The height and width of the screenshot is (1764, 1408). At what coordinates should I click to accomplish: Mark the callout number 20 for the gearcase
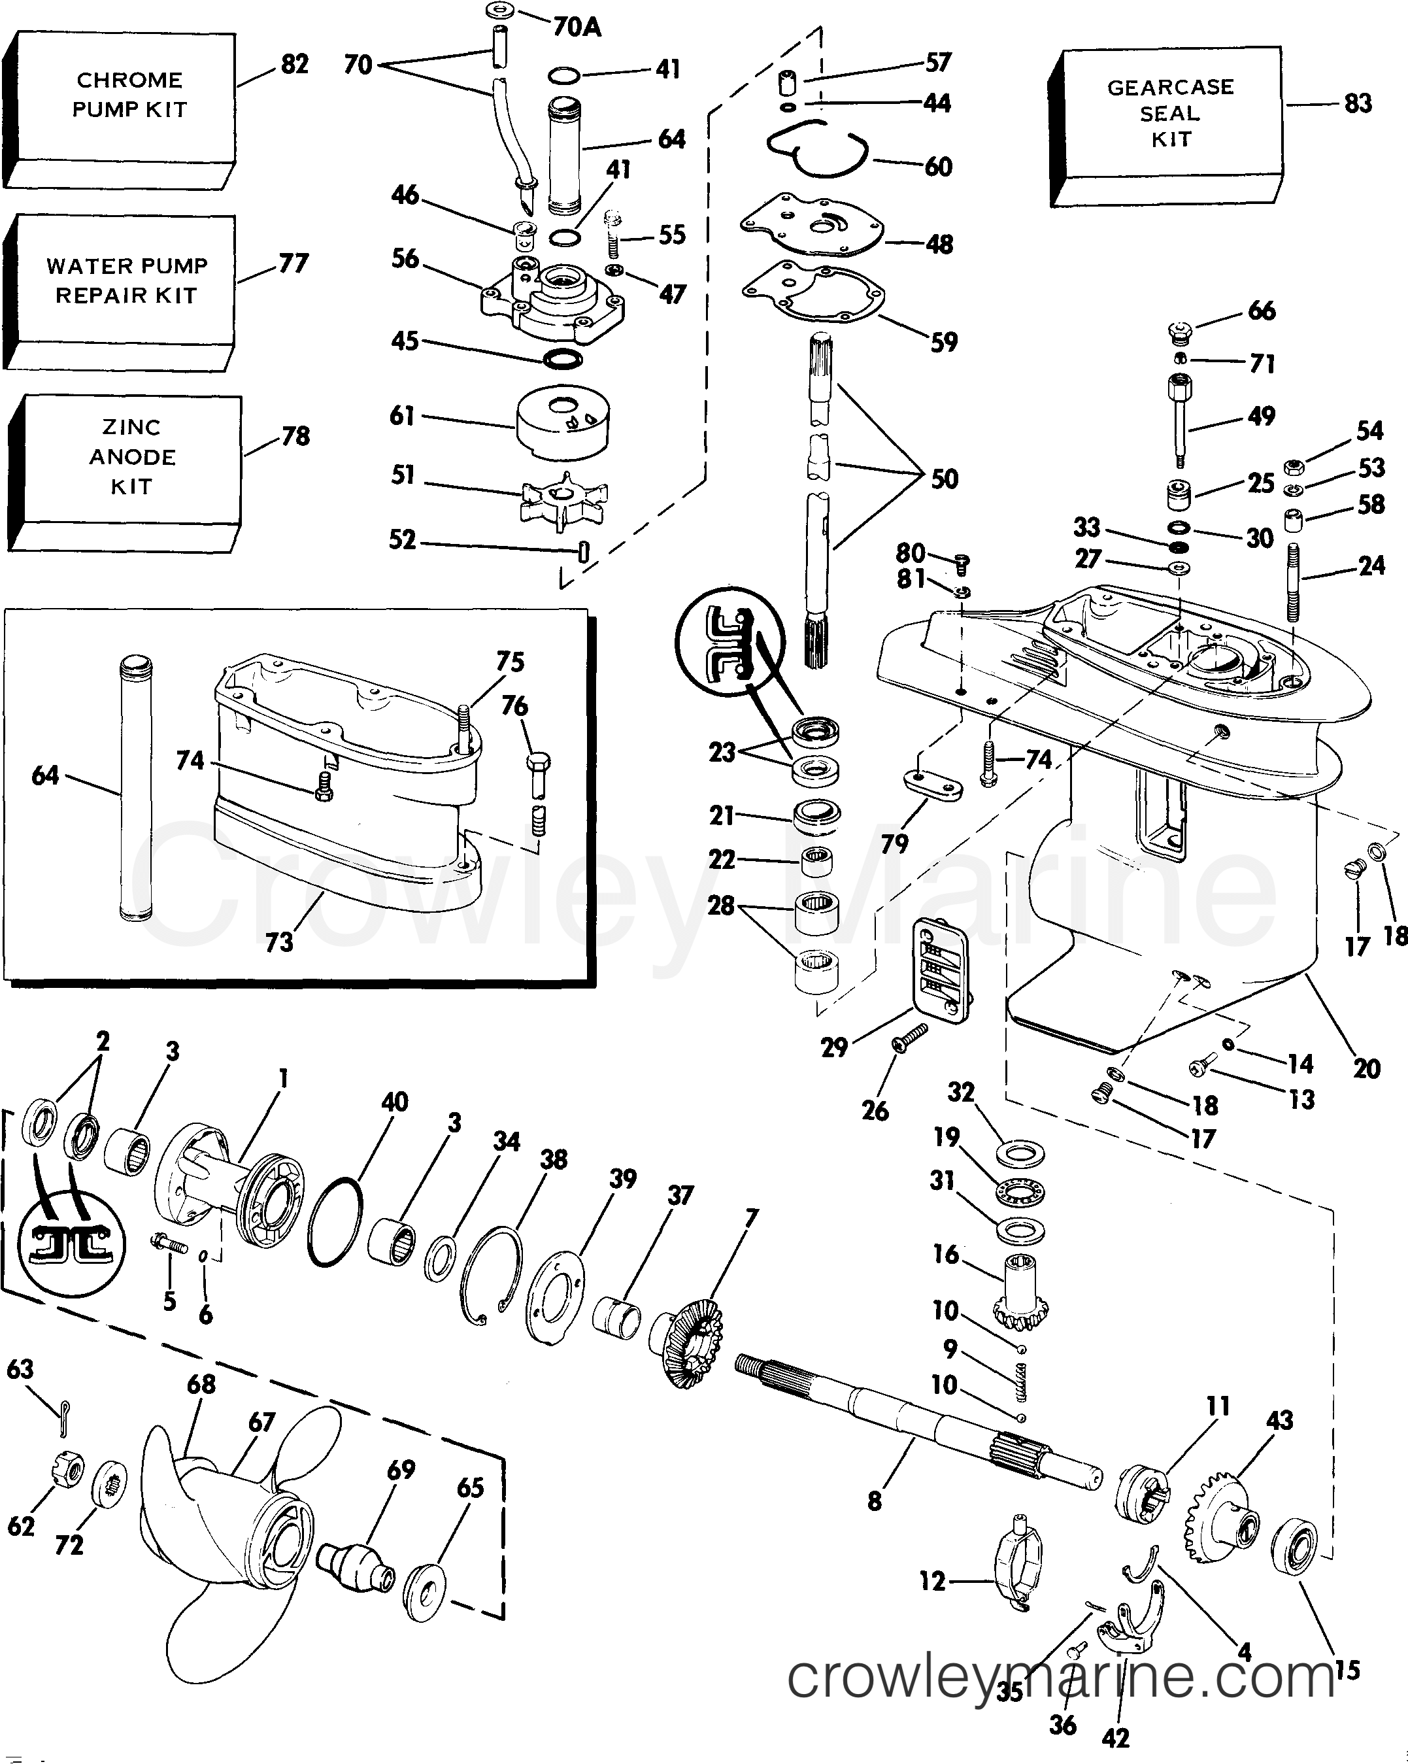coord(1366,1068)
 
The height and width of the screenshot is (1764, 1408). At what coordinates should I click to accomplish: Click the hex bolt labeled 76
coord(537,773)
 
